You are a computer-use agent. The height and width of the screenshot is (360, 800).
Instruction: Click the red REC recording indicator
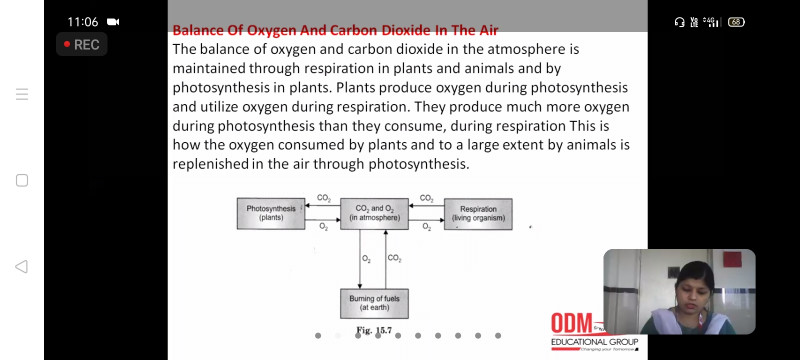(x=82, y=44)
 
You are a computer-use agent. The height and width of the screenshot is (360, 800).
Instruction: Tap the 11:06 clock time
(x=83, y=22)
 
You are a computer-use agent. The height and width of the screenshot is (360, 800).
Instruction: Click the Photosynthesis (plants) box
(x=271, y=213)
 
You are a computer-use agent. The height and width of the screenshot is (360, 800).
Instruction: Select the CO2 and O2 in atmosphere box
(x=374, y=214)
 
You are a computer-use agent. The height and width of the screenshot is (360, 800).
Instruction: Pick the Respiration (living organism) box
(x=478, y=214)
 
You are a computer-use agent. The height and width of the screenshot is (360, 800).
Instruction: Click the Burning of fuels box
(x=374, y=303)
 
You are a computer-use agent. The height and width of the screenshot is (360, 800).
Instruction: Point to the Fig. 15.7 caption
(x=374, y=330)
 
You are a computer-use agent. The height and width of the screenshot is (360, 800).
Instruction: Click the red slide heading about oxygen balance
(x=335, y=31)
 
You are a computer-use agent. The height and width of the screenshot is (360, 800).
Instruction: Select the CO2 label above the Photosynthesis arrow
(x=323, y=198)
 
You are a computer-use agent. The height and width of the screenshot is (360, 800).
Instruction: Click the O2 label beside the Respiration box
(x=427, y=228)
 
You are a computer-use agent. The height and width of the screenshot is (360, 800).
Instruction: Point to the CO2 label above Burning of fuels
(x=394, y=259)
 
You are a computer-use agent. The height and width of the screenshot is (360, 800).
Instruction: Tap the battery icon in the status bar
(x=736, y=22)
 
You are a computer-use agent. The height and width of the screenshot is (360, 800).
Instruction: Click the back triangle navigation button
(x=21, y=266)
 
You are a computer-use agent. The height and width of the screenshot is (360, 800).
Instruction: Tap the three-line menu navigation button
(x=21, y=94)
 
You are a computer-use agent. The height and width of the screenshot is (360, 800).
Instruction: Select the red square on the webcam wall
(x=732, y=259)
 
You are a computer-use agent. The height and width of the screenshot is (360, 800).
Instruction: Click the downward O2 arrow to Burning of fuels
(x=360, y=259)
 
